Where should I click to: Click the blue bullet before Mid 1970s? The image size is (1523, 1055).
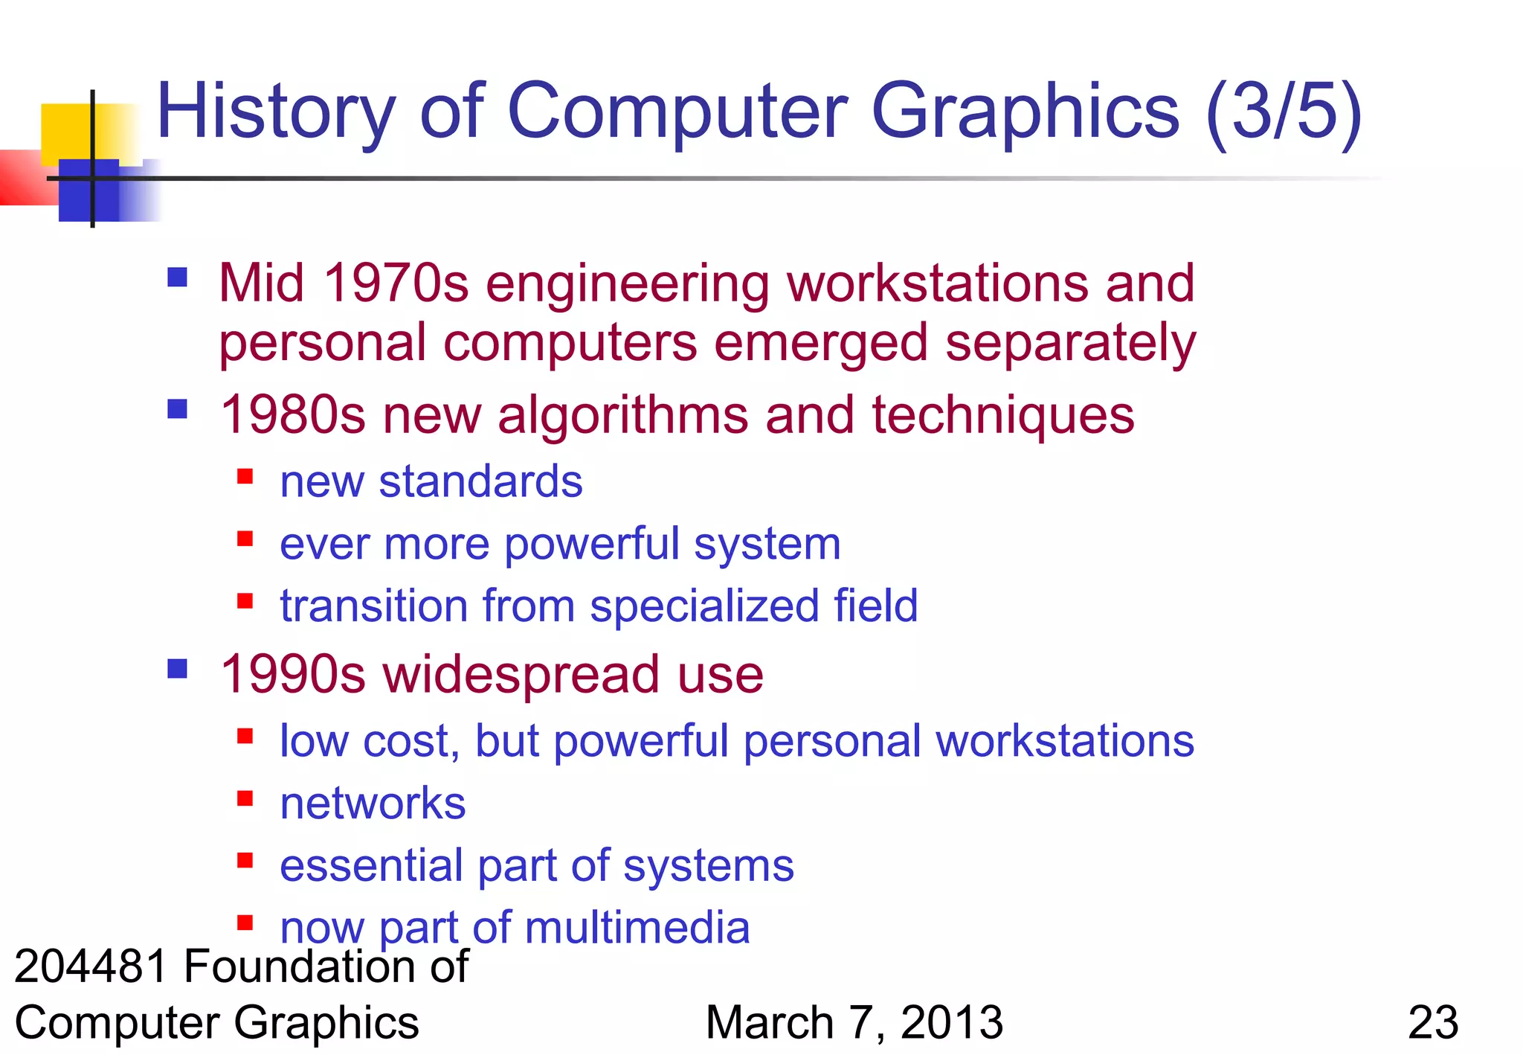pyautogui.click(x=177, y=278)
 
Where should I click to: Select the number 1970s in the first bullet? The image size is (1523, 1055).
pyautogui.click(x=396, y=283)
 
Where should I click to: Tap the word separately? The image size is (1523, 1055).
pyautogui.click(x=1070, y=343)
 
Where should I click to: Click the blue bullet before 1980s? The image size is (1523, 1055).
pyautogui.click(x=177, y=409)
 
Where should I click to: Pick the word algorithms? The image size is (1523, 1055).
pyautogui.click(x=623, y=414)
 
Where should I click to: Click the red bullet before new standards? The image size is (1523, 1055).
pyautogui.click(x=245, y=476)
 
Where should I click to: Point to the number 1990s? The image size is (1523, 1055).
pyautogui.click(x=293, y=674)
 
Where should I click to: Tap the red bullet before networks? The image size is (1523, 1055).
pyautogui.click(x=245, y=798)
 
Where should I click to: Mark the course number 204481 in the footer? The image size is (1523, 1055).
pyautogui.click(x=91, y=966)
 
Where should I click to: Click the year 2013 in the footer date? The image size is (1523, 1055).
pyautogui.click(x=951, y=1022)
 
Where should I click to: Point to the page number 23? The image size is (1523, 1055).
pyautogui.click(x=1433, y=1022)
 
